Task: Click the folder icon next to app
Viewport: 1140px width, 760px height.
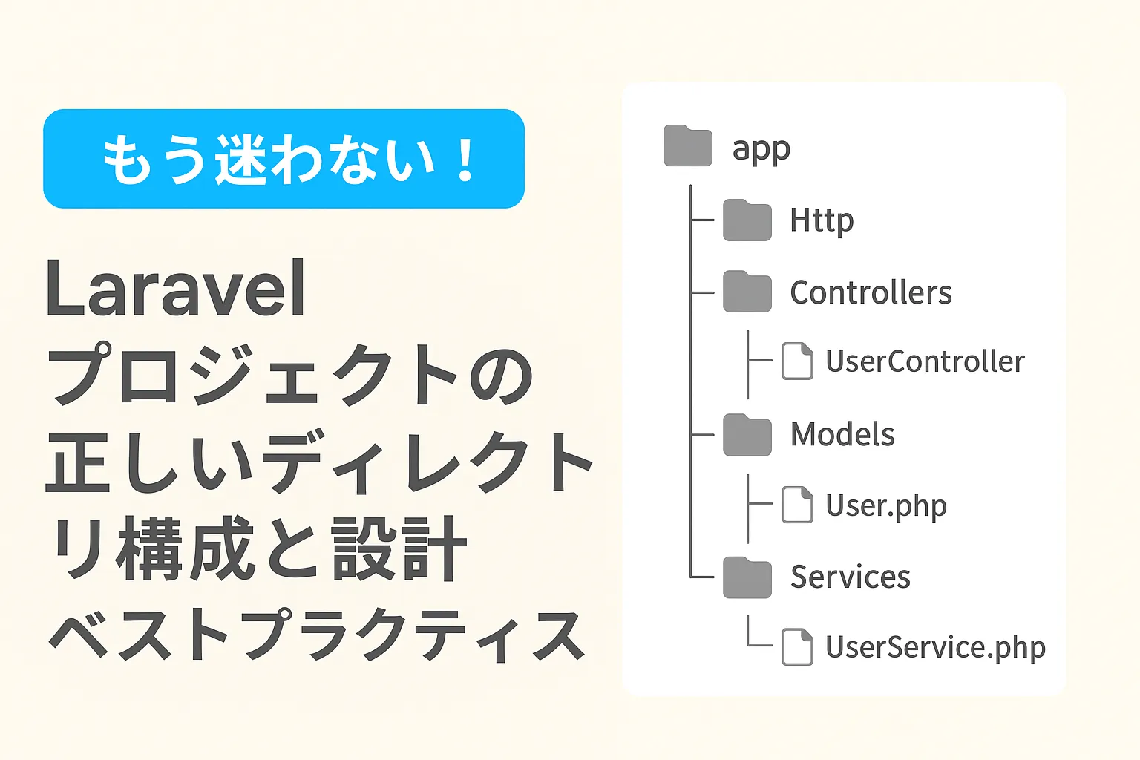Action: (x=687, y=145)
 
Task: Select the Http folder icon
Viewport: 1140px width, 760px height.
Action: (x=747, y=220)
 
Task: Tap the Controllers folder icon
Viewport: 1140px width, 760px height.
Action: (x=747, y=291)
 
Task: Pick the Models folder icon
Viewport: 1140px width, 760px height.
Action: (x=747, y=435)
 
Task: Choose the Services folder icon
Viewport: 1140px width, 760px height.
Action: (x=747, y=577)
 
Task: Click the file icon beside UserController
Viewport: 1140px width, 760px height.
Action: (x=798, y=361)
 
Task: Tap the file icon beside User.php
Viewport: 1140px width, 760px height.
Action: (x=798, y=505)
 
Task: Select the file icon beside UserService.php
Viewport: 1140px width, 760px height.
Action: (x=798, y=647)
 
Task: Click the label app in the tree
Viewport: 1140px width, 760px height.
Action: (x=761, y=150)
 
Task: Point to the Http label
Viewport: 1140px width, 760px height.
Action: (x=822, y=221)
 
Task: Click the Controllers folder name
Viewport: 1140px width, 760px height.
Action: (x=871, y=292)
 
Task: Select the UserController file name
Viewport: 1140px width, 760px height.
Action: (x=925, y=361)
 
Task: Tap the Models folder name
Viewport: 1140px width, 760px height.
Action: (x=842, y=434)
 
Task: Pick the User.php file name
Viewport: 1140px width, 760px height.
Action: (x=886, y=506)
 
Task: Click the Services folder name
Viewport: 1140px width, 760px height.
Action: (x=851, y=577)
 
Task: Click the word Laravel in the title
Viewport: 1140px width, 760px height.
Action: (x=176, y=288)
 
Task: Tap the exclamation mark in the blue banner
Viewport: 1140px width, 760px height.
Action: (x=465, y=159)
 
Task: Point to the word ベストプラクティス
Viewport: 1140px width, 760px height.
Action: (x=317, y=635)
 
